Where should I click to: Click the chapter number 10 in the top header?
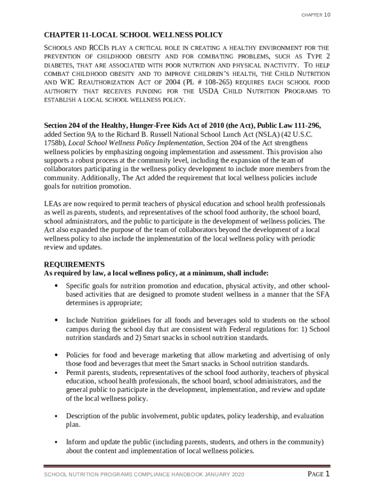tap(327, 15)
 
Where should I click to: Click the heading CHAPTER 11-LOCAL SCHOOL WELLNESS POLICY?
tap(134, 35)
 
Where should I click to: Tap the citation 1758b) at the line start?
tap(55, 143)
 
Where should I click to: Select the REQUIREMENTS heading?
tap(74, 265)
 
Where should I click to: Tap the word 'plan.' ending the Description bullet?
tap(73, 425)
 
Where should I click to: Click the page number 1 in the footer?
tap(328, 474)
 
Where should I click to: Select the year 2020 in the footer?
tap(236, 475)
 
